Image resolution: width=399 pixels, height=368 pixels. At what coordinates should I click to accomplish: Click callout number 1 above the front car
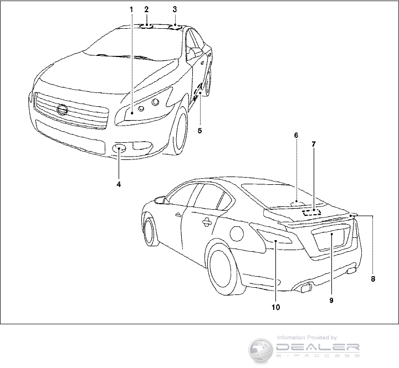pos(131,9)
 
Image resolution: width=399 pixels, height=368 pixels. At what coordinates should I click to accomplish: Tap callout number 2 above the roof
pos(146,9)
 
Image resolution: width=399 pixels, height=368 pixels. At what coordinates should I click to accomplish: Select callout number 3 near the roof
pos(175,9)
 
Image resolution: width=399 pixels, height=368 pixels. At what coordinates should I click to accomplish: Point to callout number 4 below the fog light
pos(119,184)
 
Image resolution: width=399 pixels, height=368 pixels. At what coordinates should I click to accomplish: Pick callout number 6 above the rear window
pos(296,135)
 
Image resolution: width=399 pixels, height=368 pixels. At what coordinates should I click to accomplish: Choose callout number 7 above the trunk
pos(313,144)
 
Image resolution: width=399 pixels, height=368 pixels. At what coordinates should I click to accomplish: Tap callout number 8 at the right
pos(373,279)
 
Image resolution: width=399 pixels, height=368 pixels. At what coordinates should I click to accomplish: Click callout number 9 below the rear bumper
pos(330,300)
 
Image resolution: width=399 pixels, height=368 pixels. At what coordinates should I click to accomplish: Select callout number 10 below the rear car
pos(275,306)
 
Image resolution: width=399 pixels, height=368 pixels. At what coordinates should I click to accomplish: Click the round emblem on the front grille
pos(63,109)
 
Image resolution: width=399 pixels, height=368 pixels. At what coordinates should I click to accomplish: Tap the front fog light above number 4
pos(120,148)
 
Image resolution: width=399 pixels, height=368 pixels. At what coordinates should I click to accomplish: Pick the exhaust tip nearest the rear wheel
pos(305,287)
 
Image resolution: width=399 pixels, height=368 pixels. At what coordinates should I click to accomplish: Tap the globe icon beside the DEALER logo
pos(260,349)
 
